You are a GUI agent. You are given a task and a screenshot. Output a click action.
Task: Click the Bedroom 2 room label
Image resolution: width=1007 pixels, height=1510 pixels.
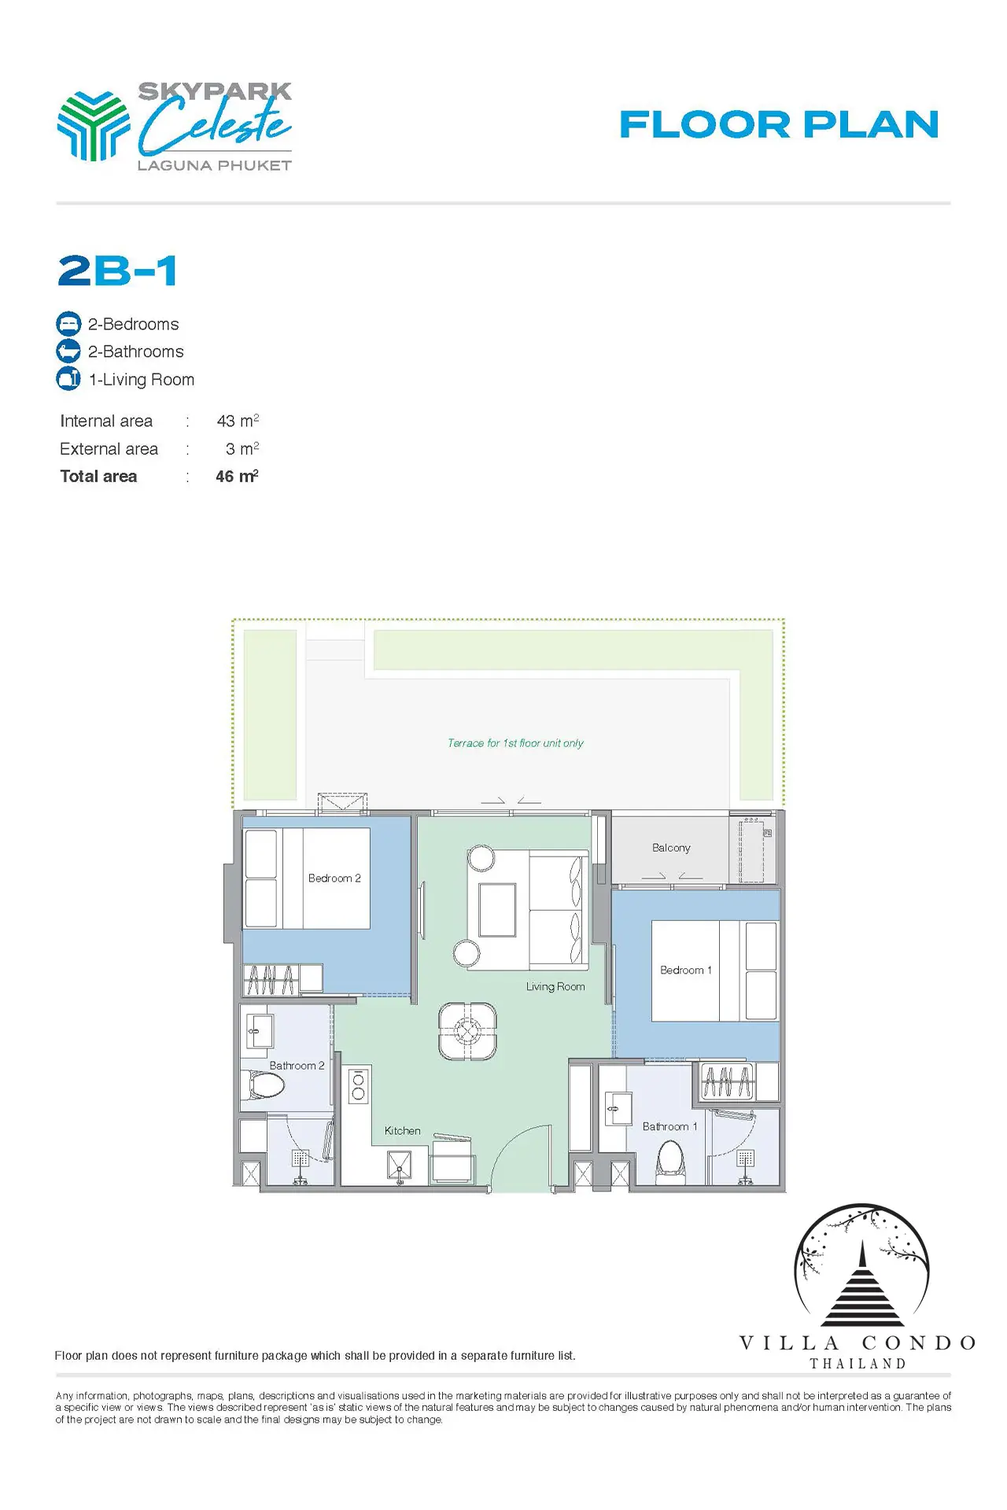(x=334, y=878)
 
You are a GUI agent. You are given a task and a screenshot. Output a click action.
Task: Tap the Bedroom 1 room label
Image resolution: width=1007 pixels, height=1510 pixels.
(x=686, y=970)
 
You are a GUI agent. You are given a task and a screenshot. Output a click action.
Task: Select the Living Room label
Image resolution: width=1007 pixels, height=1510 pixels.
(x=555, y=986)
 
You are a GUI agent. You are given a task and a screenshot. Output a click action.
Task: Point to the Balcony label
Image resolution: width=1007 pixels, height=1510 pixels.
(x=671, y=848)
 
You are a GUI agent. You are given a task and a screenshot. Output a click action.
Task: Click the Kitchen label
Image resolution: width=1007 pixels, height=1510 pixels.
(x=402, y=1130)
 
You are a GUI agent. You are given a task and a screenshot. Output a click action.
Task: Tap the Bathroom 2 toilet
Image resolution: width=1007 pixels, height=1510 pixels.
(x=266, y=1086)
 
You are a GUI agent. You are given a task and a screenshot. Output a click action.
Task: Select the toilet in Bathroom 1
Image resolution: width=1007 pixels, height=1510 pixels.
(x=670, y=1162)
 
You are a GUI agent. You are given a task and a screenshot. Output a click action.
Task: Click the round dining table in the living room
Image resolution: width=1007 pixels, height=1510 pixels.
(x=467, y=1030)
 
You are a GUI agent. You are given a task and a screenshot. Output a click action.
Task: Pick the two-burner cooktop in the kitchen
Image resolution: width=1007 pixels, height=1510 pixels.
(x=359, y=1086)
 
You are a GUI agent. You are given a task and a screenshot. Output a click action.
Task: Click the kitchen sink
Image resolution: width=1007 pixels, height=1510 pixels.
(x=400, y=1166)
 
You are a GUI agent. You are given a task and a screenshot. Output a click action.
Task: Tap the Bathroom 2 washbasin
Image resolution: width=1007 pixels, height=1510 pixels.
(x=260, y=1031)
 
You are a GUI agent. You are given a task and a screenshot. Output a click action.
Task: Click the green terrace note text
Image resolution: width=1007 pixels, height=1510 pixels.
(x=515, y=743)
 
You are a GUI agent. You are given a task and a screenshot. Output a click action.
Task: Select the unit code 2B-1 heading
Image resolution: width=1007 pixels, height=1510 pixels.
(x=117, y=271)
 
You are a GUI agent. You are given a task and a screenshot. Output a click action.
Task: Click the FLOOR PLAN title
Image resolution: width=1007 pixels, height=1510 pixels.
(x=779, y=124)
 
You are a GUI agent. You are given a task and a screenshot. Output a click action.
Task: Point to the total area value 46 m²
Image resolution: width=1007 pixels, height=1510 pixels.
(x=237, y=476)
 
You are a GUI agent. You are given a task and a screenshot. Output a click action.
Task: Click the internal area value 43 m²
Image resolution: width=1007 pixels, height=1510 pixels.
(x=238, y=421)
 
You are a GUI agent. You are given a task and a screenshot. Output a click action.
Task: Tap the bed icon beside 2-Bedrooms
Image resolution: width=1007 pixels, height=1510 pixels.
(x=68, y=323)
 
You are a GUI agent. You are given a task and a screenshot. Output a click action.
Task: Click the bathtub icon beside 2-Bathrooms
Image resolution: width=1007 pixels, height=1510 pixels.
(x=68, y=351)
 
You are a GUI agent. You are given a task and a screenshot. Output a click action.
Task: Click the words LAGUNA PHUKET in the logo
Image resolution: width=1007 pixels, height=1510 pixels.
(x=215, y=165)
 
